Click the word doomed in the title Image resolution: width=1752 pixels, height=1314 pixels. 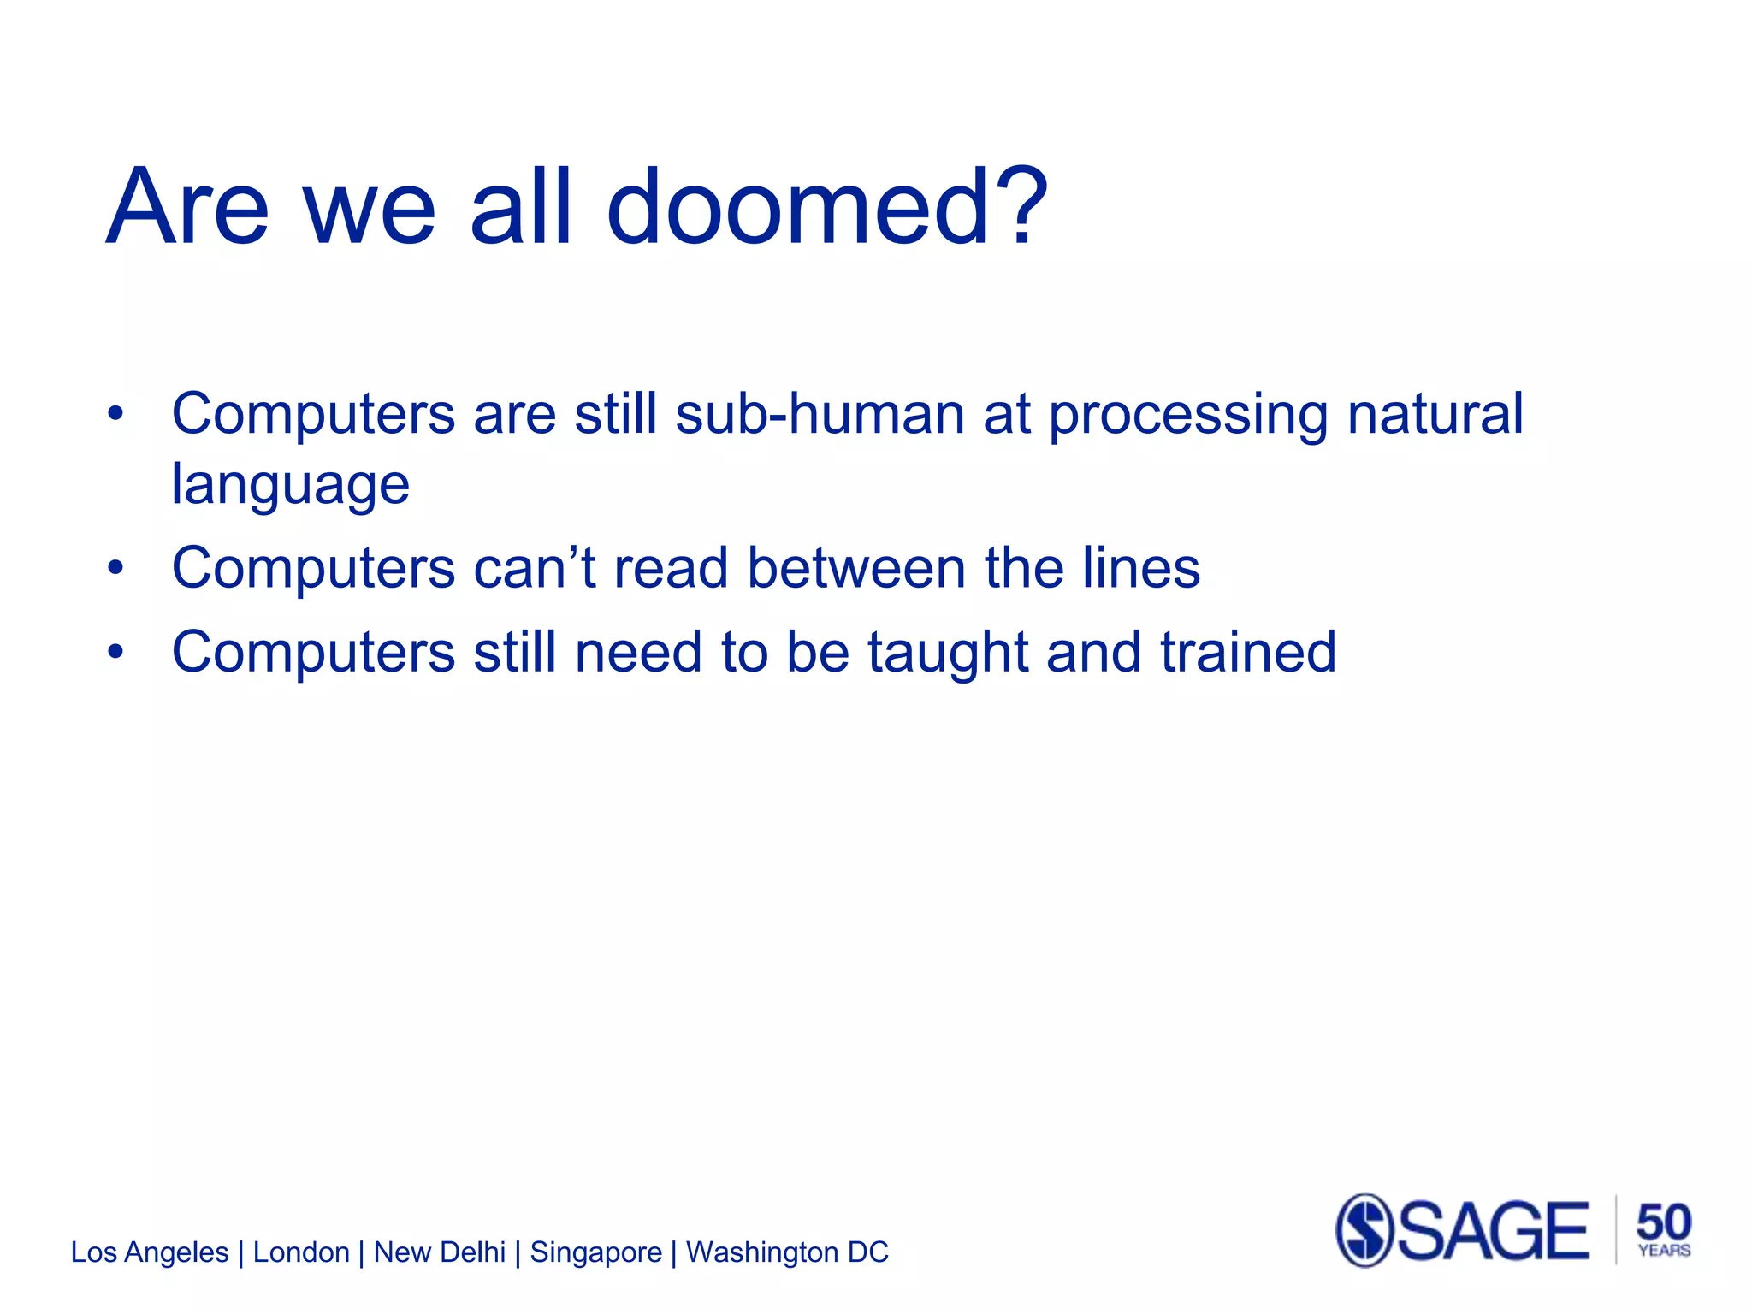click(x=798, y=208)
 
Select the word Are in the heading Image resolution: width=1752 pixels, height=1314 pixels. click(x=187, y=208)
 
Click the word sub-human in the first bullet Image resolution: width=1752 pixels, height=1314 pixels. click(x=820, y=415)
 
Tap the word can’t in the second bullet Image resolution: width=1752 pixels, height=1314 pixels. click(x=534, y=568)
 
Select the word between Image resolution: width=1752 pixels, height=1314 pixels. click(x=856, y=568)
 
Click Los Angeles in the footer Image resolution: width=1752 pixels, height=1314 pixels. click(x=150, y=1252)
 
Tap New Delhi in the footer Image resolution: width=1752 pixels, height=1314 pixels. click(x=440, y=1252)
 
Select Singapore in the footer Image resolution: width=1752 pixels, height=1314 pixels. click(x=595, y=1252)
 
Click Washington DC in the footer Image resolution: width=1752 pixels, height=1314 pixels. click(x=787, y=1252)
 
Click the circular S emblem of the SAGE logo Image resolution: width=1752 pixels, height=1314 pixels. click(x=1364, y=1230)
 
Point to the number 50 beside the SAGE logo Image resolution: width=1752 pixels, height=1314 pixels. click(x=1663, y=1222)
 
